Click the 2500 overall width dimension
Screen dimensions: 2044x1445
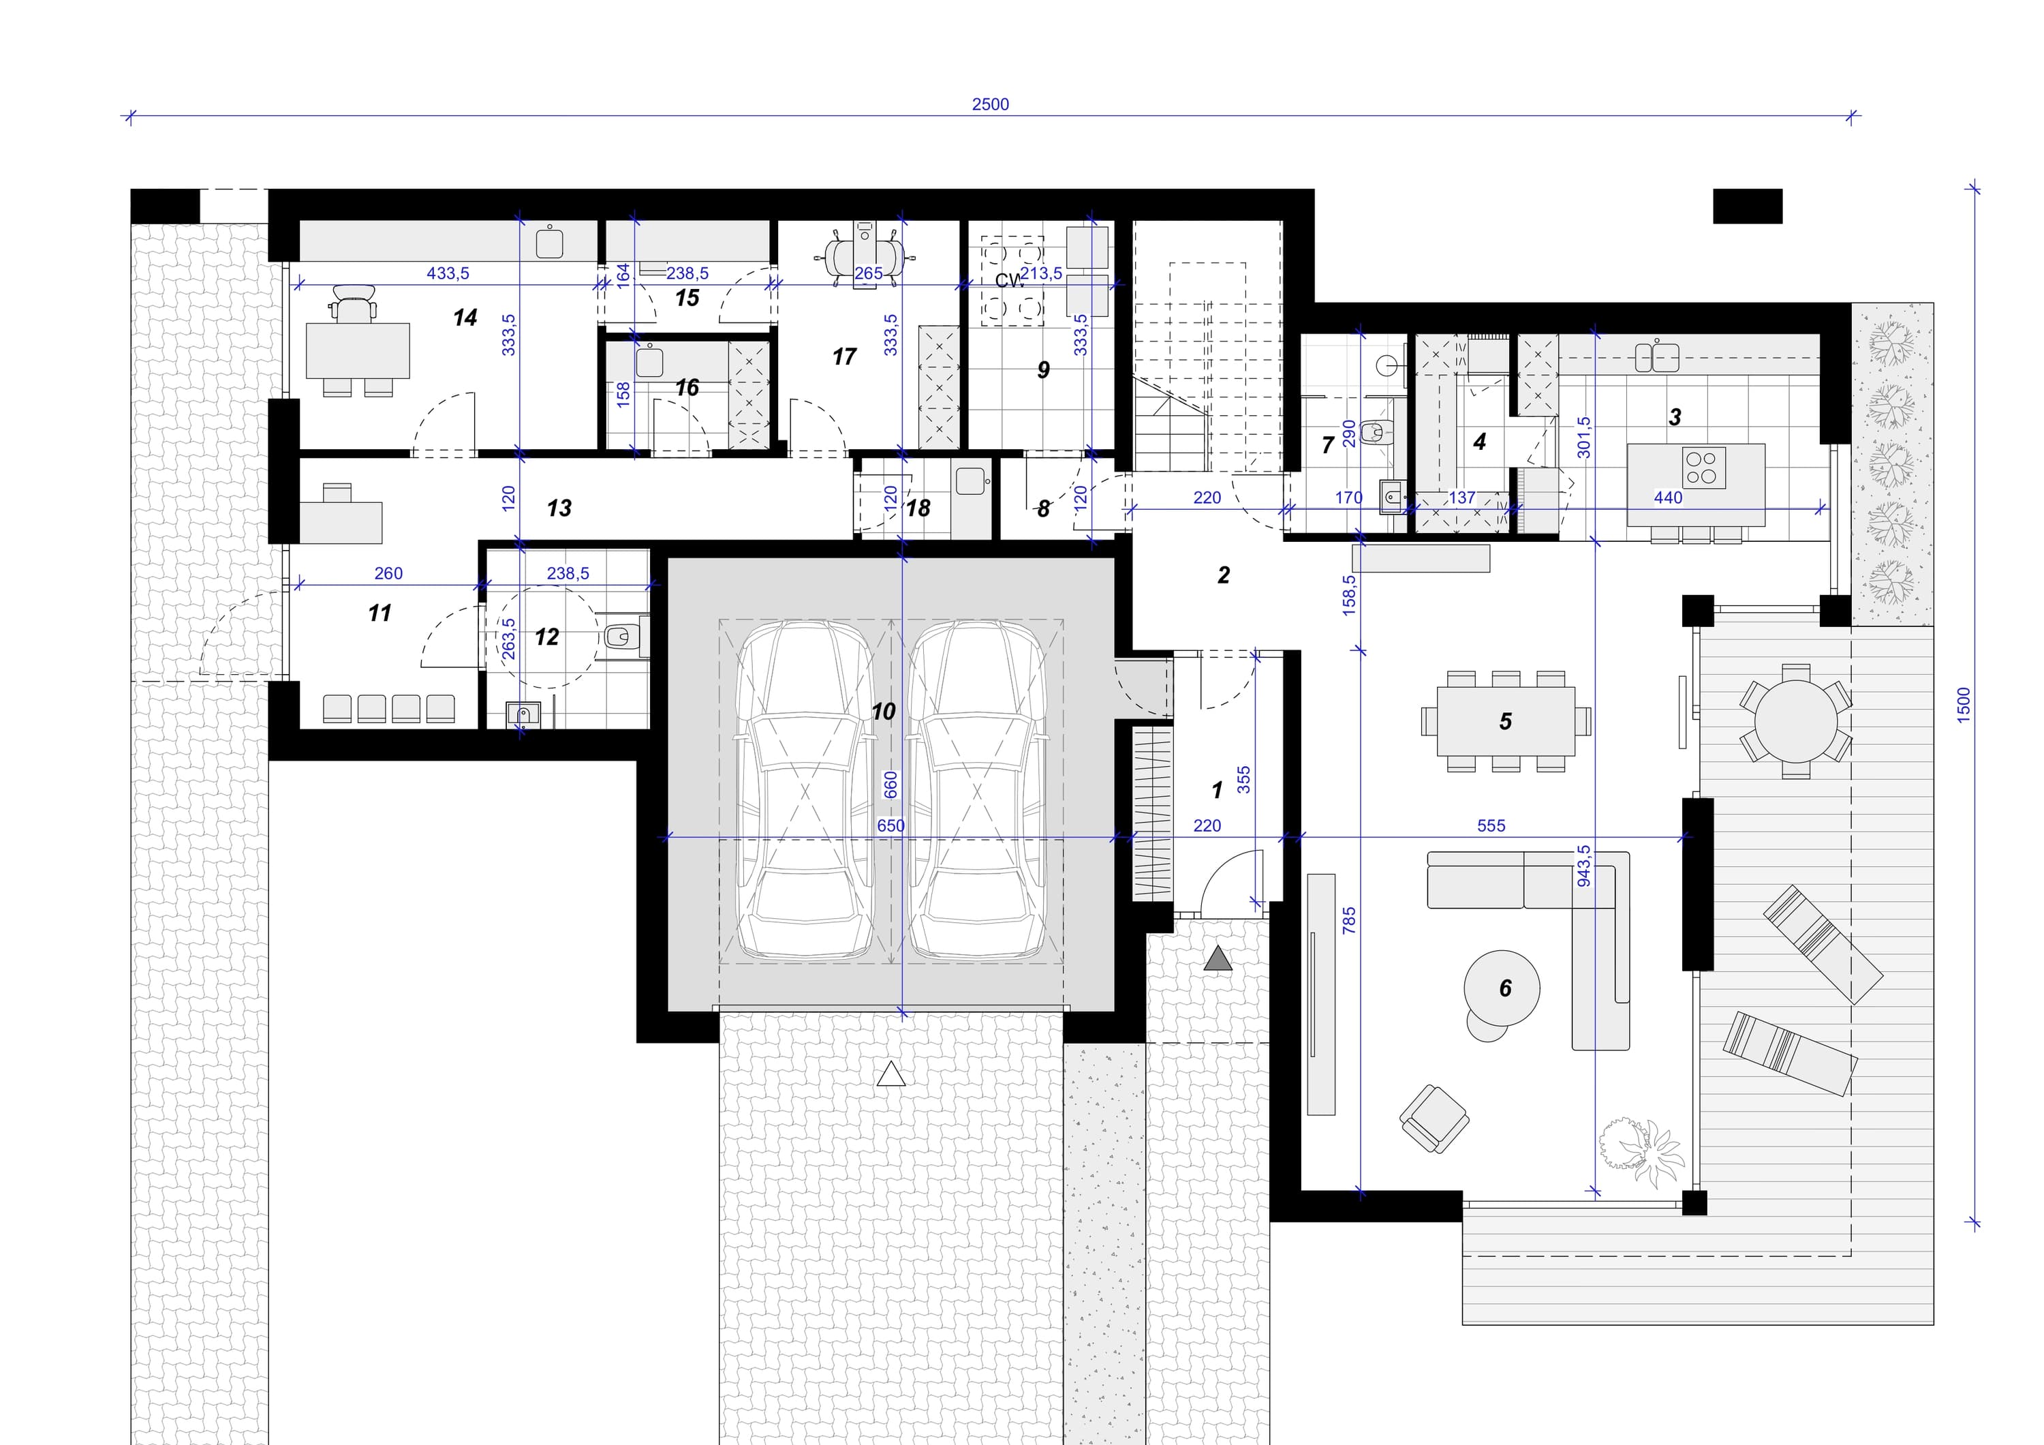click(990, 104)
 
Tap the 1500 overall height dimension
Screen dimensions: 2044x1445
click(1964, 705)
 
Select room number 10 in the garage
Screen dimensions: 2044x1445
click(883, 712)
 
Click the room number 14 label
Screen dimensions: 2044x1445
click(465, 318)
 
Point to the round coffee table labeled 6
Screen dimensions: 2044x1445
click(1502, 988)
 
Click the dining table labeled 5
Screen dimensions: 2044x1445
click(1505, 720)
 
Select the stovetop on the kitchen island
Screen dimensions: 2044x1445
click(1703, 468)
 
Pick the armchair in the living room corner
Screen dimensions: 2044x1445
click(1434, 1119)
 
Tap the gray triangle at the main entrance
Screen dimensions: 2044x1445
click(1218, 959)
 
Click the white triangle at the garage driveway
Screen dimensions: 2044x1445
click(891, 1075)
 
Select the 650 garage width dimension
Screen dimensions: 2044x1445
click(891, 825)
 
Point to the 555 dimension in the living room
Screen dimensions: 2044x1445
click(1491, 825)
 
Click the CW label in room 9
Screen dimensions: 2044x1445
click(1008, 280)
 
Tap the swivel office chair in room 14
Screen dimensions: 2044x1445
click(352, 302)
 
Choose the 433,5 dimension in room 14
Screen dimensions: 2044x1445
click(448, 273)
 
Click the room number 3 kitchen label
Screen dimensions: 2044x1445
click(1675, 416)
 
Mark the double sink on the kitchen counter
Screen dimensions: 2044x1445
click(1657, 358)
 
